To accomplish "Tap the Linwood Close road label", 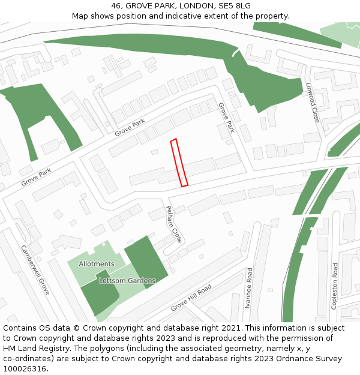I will point(313,103).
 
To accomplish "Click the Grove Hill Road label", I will point(191,298).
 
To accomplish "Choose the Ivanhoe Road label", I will point(250,288).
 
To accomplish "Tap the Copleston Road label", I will point(335,286).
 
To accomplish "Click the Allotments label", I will point(97,264).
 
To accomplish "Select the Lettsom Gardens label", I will point(127,280).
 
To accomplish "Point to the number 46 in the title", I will point(116,6).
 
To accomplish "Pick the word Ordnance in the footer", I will point(287,359).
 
